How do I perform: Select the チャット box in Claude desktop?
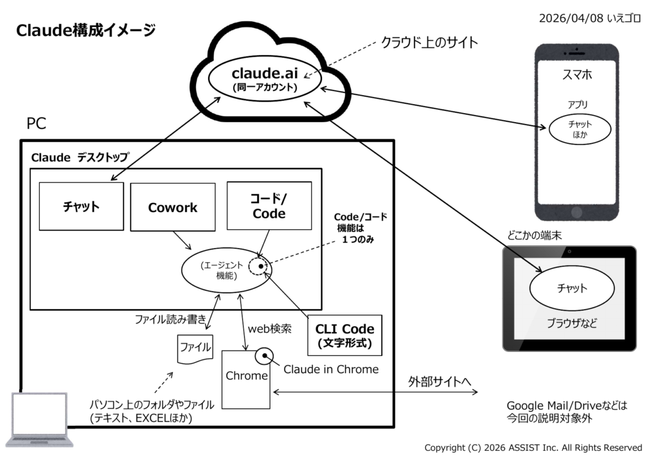(x=81, y=206)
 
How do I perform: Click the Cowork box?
(x=172, y=207)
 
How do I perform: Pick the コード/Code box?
(x=269, y=206)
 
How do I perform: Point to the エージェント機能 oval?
(x=222, y=270)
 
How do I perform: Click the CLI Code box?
(x=344, y=335)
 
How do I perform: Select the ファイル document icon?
(x=195, y=348)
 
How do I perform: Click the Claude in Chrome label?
(x=331, y=369)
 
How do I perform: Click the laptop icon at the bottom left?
(x=39, y=419)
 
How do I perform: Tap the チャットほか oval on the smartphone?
(x=579, y=129)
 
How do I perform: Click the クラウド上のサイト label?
(x=429, y=43)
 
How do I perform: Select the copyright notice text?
(x=533, y=448)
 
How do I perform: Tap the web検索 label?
(x=270, y=329)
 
